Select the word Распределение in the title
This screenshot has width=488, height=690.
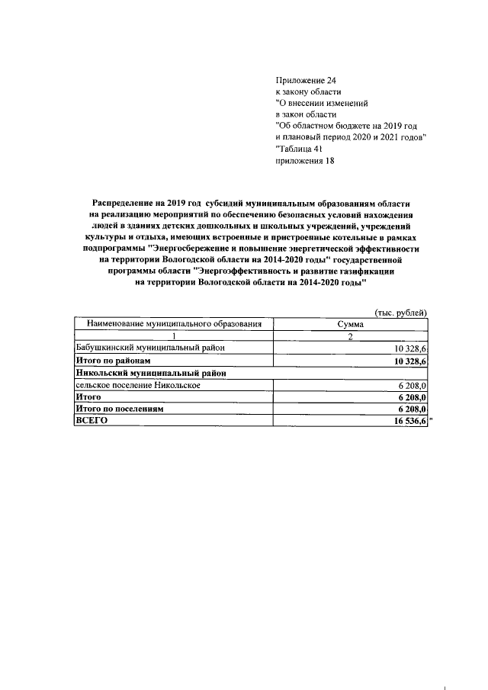point(124,204)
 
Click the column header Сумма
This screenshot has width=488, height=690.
point(351,324)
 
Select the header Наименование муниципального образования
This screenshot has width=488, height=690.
point(174,324)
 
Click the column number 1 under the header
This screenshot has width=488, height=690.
point(174,336)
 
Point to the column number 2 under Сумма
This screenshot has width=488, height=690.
point(351,336)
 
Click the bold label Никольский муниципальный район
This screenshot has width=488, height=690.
point(151,373)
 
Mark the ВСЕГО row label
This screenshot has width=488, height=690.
point(90,422)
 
